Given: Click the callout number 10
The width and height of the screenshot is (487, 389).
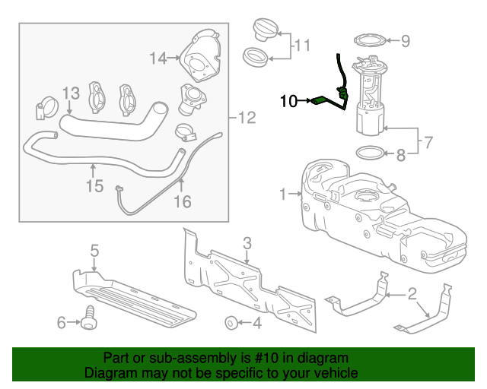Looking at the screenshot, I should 289,100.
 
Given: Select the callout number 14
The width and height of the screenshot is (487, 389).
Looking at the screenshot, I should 158,58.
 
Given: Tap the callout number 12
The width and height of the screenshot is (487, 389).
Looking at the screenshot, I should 247,118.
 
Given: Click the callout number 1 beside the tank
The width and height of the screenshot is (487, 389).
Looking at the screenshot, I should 283,194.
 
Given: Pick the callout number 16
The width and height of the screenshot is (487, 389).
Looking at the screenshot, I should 183,201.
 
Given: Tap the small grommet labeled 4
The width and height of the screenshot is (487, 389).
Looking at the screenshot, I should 229,323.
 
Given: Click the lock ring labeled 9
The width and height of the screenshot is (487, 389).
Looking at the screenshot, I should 368,40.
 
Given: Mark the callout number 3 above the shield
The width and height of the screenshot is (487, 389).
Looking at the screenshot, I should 247,243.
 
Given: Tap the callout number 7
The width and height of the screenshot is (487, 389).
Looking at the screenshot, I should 428,141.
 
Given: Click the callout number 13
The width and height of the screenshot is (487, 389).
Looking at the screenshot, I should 70,93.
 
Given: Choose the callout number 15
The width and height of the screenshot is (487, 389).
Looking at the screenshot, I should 94,185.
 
